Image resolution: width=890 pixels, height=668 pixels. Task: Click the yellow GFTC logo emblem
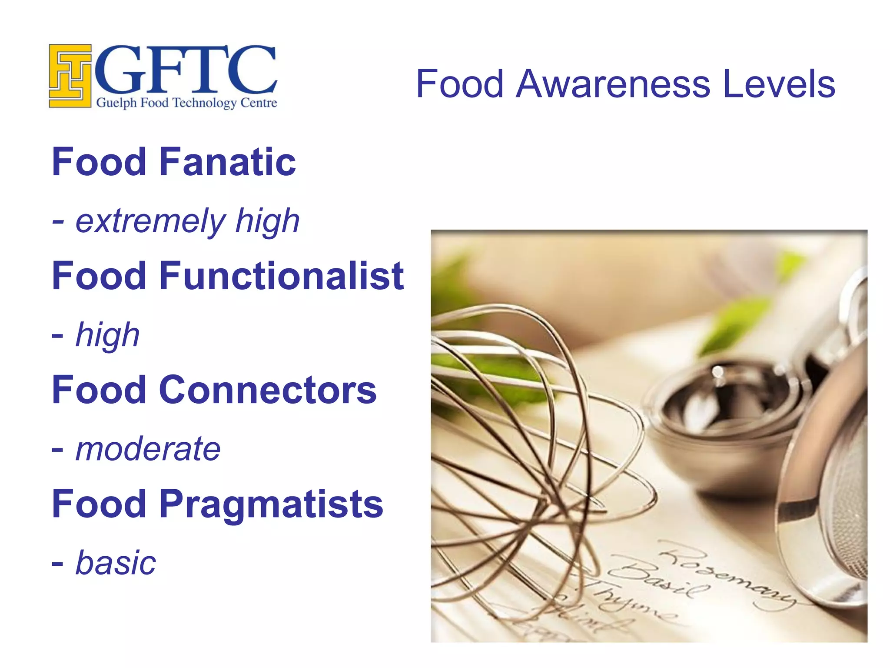click(70, 76)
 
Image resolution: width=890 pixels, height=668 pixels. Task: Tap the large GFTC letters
click(186, 70)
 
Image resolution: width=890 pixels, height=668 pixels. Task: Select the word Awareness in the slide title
click(613, 83)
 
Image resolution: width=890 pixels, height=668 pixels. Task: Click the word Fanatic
click(227, 162)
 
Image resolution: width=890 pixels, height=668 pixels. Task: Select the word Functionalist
click(282, 276)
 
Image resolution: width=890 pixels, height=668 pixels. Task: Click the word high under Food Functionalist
click(107, 335)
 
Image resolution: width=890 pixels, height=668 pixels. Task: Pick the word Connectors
click(268, 390)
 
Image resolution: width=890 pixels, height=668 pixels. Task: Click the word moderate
click(148, 449)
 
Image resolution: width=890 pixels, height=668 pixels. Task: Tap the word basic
click(116, 563)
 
